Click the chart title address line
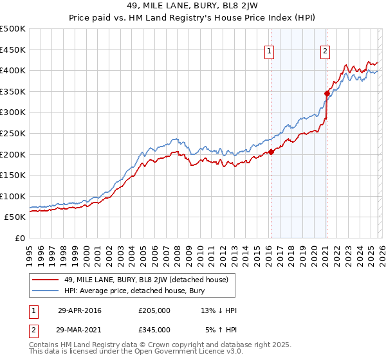(192, 6)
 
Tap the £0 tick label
(19, 238)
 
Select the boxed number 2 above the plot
(326, 51)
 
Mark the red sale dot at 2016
(271, 152)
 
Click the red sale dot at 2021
(327, 93)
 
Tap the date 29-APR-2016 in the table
(80, 310)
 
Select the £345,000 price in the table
(154, 329)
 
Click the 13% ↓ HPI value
(219, 310)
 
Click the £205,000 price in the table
(154, 310)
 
